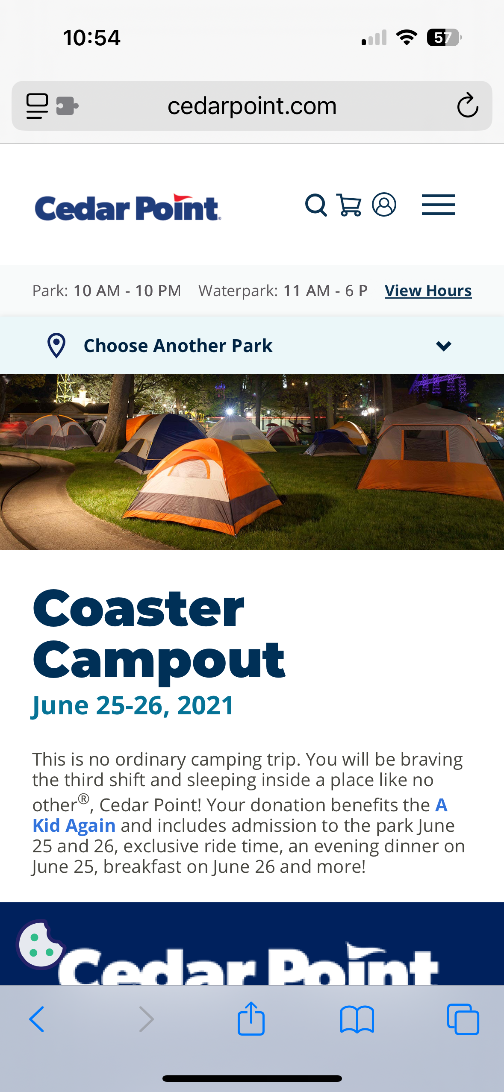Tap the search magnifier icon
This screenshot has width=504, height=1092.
316,205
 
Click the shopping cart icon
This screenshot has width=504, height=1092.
349,205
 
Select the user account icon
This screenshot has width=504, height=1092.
384,205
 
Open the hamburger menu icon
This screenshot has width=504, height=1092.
438,205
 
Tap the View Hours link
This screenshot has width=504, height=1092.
428,291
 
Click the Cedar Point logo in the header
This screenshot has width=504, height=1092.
128,208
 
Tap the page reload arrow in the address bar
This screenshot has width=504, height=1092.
468,105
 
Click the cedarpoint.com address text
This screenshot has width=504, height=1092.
252,106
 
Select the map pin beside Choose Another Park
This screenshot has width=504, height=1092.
56,345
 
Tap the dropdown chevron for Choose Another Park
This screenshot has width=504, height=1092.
444,346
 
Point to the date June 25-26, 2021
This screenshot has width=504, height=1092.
133,705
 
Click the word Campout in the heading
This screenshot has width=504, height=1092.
159,660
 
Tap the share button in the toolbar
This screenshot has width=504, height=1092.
251,1019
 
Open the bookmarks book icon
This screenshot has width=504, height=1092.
357,1019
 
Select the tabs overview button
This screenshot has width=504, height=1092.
463,1019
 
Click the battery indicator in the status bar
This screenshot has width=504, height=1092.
444,38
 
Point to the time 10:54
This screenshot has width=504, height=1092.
91,38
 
